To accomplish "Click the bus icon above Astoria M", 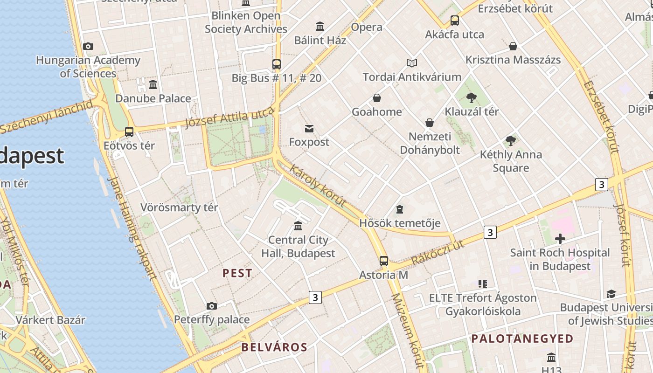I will [x=383, y=261].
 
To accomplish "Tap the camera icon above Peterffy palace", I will [x=212, y=306].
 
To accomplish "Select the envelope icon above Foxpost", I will [x=309, y=128].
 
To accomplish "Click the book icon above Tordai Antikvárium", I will [x=411, y=63].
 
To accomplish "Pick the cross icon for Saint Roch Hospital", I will [x=560, y=239].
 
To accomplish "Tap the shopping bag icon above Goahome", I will [x=376, y=98].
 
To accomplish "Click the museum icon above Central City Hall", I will [x=298, y=226].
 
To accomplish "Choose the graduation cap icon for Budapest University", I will [x=611, y=294].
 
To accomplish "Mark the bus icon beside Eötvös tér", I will [x=129, y=132].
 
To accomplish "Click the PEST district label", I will [x=237, y=273].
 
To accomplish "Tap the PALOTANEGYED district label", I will [x=522, y=338].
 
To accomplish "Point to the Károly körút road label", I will [x=318, y=185].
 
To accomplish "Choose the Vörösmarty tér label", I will [x=179, y=207].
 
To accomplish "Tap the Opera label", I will [x=367, y=27].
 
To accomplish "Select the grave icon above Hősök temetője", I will [x=400, y=209].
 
